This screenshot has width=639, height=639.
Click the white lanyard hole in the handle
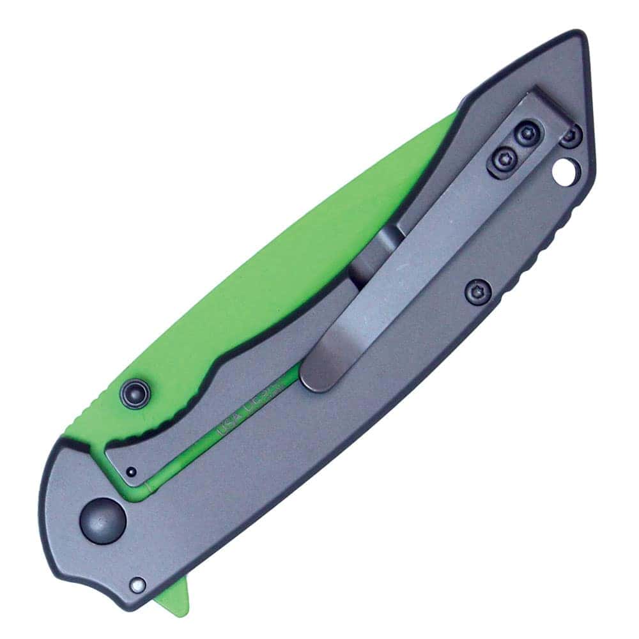click(566, 171)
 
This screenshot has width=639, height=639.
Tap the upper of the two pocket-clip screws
click(526, 133)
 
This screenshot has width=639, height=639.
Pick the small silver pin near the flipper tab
click(137, 584)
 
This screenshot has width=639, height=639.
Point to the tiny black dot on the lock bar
click(130, 472)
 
